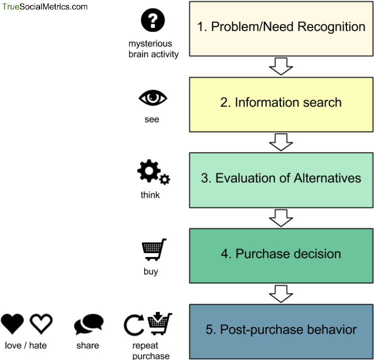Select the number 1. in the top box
(x=202, y=27)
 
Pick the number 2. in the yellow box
(x=225, y=102)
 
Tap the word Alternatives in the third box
(x=327, y=178)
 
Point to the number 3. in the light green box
(x=206, y=178)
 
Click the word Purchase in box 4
(x=259, y=254)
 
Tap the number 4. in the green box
(x=226, y=254)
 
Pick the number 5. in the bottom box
(x=210, y=330)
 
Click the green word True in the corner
(x=10, y=7)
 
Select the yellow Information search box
(x=281, y=120)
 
